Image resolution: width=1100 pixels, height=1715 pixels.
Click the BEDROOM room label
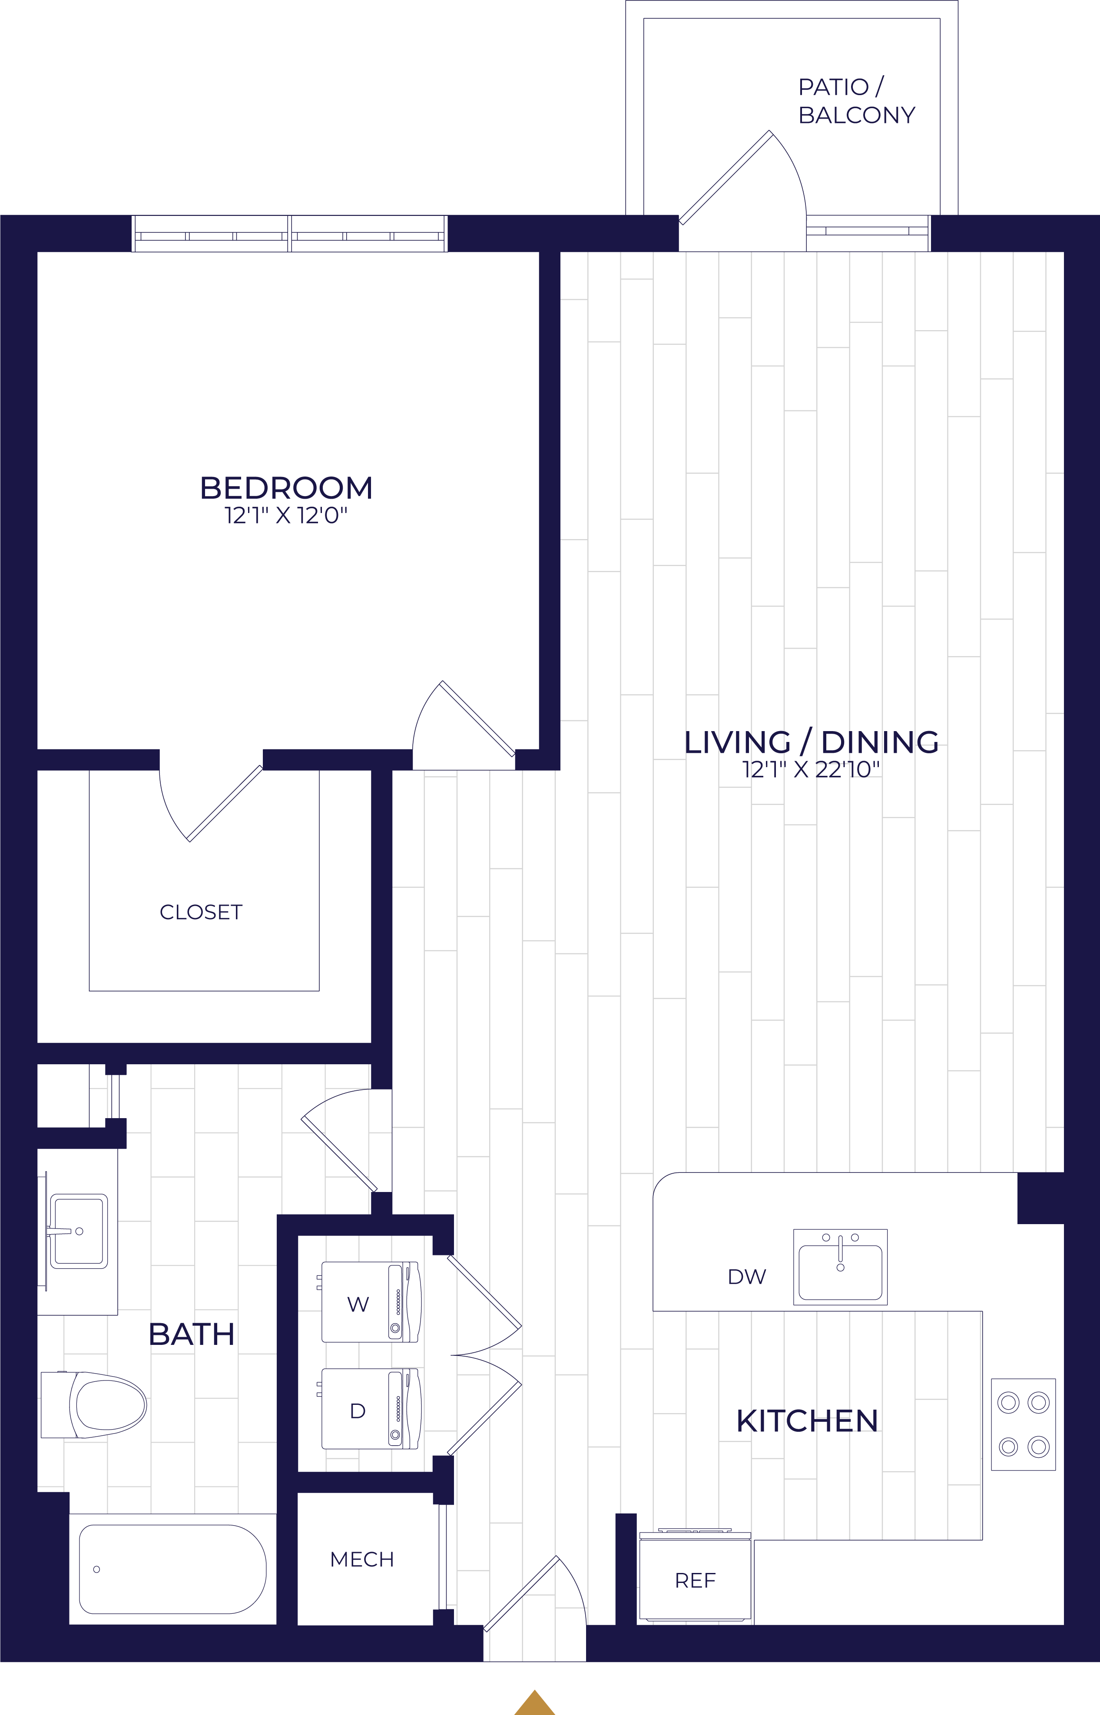pos(286,488)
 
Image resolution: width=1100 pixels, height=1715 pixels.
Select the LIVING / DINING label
pos(812,742)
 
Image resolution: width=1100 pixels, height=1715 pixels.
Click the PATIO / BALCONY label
pos(856,101)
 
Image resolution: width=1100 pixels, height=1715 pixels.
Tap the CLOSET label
pos(201,913)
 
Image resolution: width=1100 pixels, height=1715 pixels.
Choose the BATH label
pos(192,1334)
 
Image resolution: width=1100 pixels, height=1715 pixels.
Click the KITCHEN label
pos(807,1421)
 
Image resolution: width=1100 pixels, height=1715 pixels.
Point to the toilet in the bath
pos(93,1405)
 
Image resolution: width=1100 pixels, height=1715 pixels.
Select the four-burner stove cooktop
pos(1023,1424)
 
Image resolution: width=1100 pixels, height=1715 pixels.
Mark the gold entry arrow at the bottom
pos(535,1703)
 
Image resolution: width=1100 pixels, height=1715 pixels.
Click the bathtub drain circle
pos(96,1569)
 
